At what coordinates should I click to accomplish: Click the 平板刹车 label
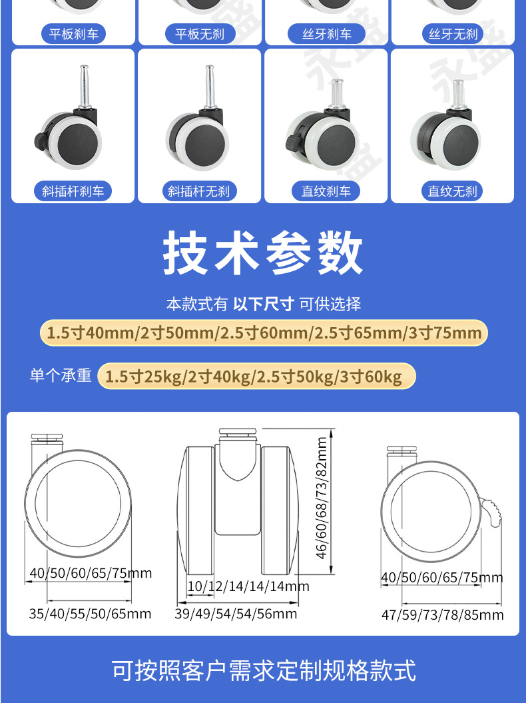(73, 34)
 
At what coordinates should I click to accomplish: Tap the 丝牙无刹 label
(453, 34)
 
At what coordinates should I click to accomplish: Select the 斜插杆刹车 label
(73, 191)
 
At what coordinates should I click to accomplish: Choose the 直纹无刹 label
(453, 191)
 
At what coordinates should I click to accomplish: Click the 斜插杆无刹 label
(199, 191)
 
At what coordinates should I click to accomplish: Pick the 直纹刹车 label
(326, 191)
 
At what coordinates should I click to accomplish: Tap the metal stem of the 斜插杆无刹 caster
(210, 86)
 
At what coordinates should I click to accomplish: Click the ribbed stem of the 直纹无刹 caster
(457, 94)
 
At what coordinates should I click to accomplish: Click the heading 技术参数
(262, 253)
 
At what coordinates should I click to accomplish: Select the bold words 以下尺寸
(264, 304)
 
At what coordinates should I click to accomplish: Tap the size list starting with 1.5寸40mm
(264, 333)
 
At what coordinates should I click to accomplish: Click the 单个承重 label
(61, 375)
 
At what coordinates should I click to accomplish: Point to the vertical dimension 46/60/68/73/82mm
(322, 498)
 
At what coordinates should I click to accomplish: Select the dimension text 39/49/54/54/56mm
(236, 614)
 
